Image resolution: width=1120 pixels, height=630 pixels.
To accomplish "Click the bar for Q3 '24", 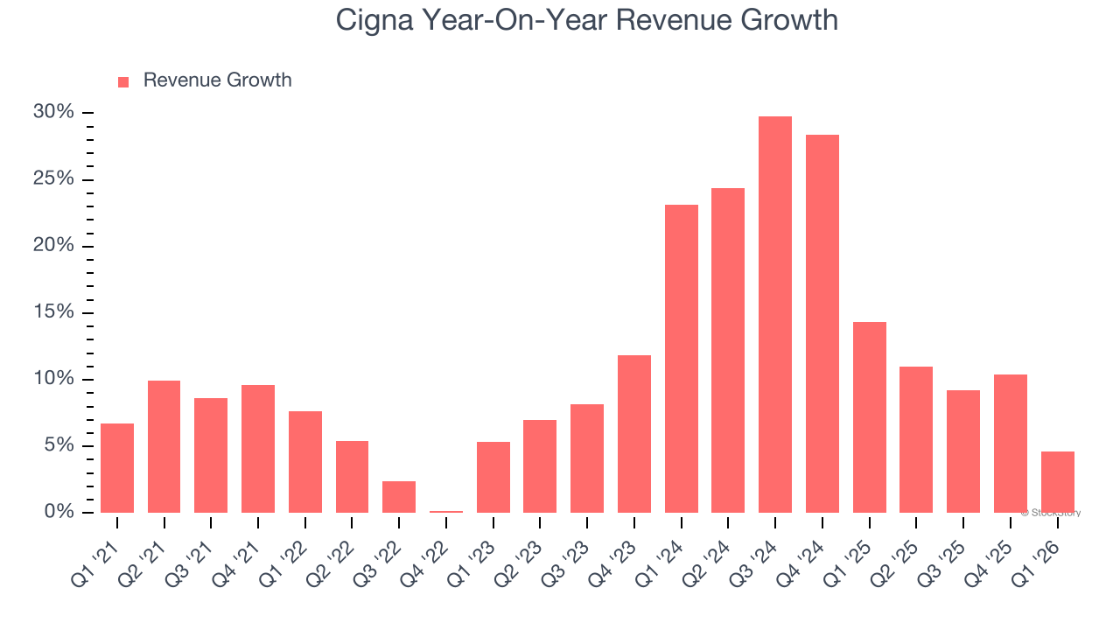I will click(x=775, y=315).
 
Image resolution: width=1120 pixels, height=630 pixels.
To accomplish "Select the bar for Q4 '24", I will click(x=822, y=324).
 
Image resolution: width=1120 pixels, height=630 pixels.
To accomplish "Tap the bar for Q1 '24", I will click(x=682, y=359).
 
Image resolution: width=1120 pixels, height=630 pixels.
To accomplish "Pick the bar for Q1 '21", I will click(x=117, y=468).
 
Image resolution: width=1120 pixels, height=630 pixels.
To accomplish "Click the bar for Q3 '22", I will click(x=399, y=497).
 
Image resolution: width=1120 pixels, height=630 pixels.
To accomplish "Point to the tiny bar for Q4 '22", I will click(x=446, y=511).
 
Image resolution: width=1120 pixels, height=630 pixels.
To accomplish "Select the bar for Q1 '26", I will click(x=1057, y=482).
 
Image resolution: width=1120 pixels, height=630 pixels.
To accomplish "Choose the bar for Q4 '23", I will click(x=634, y=434).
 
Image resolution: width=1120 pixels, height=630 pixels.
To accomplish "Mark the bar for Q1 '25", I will click(x=870, y=417).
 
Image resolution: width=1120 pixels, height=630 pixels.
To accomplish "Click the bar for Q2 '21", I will click(x=164, y=446).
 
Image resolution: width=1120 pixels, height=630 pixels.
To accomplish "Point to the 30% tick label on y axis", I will click(x=53, y=113).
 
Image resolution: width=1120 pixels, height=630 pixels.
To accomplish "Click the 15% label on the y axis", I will click(x=53, y=312).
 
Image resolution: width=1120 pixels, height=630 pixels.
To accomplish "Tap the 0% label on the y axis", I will click(x=59, y=512).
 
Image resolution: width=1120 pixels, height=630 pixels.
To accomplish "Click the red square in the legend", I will click(x=123, y=81).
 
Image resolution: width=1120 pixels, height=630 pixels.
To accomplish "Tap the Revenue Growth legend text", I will click(x=217, y=80).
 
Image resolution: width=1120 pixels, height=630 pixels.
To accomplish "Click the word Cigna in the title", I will click(x=374, y=20).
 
